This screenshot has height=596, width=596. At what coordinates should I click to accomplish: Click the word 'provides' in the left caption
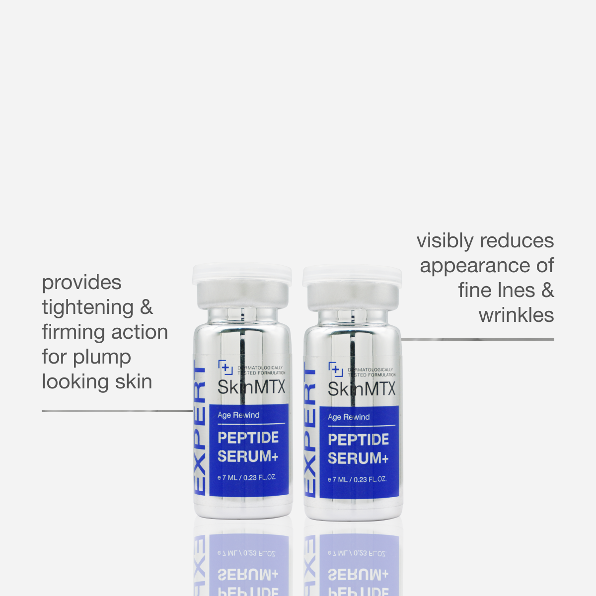tap(81, 283)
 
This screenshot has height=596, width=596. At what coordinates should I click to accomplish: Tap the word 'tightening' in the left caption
tap(87, 308)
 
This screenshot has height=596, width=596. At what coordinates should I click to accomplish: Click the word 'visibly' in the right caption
tap(445, 241)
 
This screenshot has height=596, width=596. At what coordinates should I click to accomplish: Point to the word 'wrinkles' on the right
tap(516, 315)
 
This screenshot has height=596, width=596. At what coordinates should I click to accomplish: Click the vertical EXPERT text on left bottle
tap(200, 430)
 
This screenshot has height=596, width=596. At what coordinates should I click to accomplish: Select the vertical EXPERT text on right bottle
tap(310, 432)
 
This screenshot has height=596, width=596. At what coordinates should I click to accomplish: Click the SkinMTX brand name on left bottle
tap(251, 387)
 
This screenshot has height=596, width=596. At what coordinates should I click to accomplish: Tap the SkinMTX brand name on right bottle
tap(362, 389)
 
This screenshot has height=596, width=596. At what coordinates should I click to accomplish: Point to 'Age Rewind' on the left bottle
tap(238, 415)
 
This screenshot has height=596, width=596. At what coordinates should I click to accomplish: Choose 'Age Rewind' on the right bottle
tap(349, 417)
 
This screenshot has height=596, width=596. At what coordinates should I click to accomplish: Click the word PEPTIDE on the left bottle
tap(248, 438)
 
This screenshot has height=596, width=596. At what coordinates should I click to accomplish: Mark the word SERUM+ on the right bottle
tap(358, 458)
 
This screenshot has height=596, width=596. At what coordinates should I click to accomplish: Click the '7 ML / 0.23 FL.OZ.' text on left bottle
tap(249, 477)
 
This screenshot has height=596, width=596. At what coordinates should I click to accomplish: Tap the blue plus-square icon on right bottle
tap(336, 370)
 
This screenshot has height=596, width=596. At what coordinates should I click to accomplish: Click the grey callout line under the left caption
tap(117, 411)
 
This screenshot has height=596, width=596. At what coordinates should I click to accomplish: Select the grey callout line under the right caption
tap(477, 340)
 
